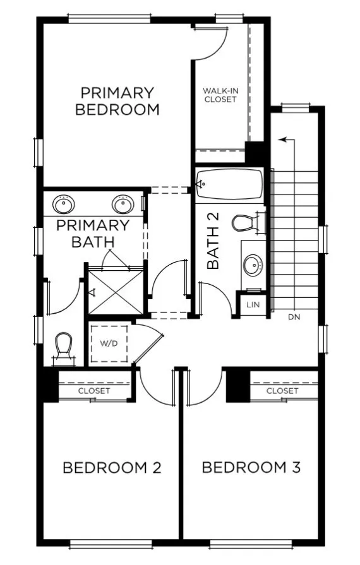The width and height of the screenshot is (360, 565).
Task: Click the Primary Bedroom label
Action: coord(117,101)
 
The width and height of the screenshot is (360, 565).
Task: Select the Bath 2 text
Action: coord(213,241)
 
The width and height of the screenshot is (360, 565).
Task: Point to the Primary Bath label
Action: coord(93,234)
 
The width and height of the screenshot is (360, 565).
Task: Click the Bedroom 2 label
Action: coord(112,468)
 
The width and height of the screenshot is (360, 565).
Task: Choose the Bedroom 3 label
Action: coord(251,468)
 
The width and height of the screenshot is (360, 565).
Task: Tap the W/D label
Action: coord(109,345)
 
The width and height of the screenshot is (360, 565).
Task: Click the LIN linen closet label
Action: coord(253,304)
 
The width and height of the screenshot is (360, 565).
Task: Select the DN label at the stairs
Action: coord(294,317)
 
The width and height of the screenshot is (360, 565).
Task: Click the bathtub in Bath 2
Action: coord(229,184)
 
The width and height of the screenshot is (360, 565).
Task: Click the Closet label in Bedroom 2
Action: coord(94,391)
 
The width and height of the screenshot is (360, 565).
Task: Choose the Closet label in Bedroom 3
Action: coord(282,391)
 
